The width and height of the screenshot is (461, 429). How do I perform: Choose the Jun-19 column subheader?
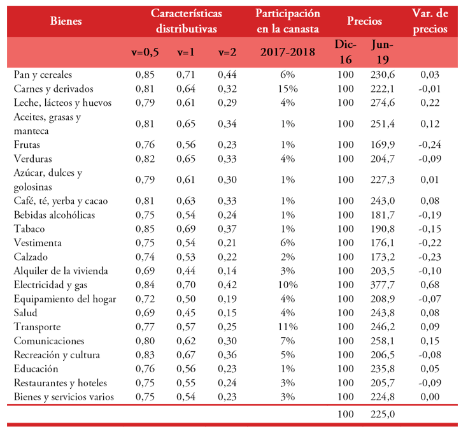[x=381, y=52]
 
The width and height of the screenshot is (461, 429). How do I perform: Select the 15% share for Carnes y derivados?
[x=288, y=89]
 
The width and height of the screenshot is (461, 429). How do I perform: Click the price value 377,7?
[x=383, y=285]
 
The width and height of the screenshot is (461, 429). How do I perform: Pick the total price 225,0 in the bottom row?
[x=383, y=414]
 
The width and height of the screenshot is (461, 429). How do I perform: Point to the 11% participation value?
[x=288, y=327]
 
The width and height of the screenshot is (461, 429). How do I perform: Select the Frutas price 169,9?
[x=383, y=145]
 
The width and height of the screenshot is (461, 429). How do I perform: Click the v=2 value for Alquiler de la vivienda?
[x=227, y=271]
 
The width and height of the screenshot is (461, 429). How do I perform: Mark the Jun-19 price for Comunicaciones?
[x=383, y=341]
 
